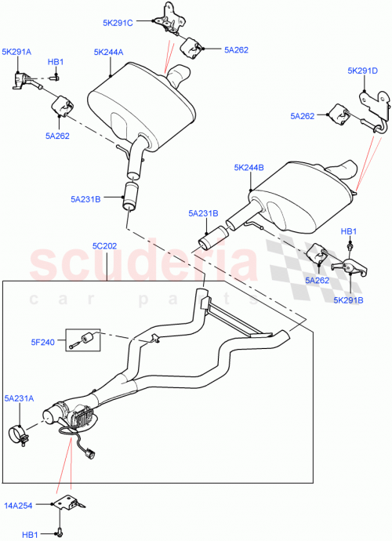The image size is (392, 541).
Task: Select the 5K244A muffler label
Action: click(x=109, y=53)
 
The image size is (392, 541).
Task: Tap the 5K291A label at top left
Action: click(x=17, y=53)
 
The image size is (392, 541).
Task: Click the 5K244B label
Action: click(x=249, y=168)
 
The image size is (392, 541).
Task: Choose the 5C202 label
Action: click(x=104, y=246)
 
